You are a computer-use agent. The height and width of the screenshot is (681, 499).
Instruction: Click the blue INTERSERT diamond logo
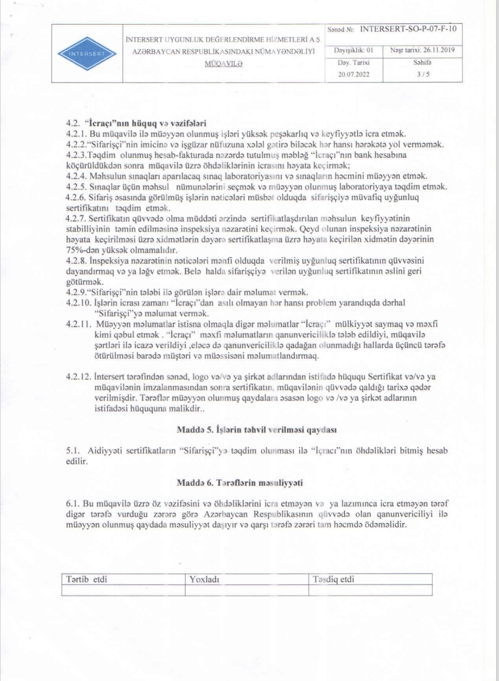[x=87, y=54]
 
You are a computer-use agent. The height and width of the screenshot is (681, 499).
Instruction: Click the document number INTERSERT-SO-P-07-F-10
[x=408, y=29]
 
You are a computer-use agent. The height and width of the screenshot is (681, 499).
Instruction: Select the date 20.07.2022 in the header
[x=353, y=74]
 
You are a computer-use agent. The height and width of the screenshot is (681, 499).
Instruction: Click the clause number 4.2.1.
[x=76, y=134]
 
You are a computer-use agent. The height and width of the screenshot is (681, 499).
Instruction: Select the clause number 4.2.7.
[x=76, y=218]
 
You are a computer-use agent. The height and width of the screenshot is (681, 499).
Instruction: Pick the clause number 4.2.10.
[x=78, y=303]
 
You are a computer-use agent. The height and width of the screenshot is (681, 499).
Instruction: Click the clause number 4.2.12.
[x=78, y=376]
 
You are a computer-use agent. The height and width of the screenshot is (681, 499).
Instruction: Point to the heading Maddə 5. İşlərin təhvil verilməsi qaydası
[x=257, y=429]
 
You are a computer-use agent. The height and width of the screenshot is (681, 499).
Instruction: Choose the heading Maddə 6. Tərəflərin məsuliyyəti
[x=240, y=483]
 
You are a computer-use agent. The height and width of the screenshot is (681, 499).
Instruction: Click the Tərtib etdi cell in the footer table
[x=86, y=579]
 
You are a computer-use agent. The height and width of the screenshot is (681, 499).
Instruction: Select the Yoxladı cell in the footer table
[x=204, y=579]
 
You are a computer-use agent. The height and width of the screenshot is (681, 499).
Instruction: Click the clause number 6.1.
[x=73, y=504]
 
